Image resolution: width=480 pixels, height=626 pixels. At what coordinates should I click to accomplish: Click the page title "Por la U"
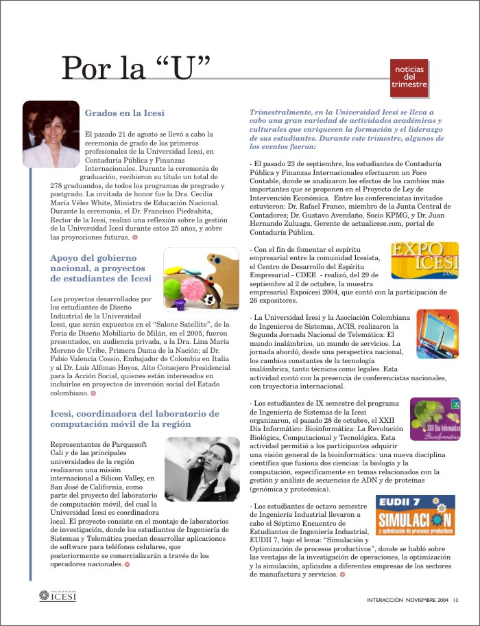136,68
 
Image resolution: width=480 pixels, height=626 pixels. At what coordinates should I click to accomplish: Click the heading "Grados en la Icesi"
124,113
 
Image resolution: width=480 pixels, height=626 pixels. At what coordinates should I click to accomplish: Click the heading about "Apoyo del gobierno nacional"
101,267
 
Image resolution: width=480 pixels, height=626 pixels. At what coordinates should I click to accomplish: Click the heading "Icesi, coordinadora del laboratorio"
135,419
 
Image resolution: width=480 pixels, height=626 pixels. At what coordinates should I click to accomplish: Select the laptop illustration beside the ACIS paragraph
427,334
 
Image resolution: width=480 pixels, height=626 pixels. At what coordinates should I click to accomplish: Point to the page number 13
455,601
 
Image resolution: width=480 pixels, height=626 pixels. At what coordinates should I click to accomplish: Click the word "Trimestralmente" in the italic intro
279,111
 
